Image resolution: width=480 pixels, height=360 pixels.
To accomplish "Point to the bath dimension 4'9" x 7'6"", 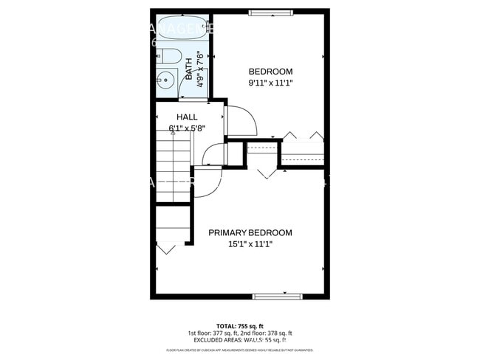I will [199, 69].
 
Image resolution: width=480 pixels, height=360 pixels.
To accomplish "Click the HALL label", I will [186, 117].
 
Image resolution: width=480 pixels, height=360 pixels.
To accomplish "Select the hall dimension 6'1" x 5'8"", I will [186, 128].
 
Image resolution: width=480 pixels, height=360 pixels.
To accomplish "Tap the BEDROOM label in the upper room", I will [270, 72].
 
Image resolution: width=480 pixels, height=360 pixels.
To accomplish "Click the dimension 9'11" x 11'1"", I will [270, 83].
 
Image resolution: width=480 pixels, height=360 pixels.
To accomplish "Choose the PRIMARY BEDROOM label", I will [250, 233].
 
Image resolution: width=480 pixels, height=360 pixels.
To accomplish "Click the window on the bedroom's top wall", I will [270, 12].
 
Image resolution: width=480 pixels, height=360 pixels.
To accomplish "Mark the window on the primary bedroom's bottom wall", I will [278, 296].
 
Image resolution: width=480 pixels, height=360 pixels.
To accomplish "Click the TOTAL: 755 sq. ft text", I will [239, 325].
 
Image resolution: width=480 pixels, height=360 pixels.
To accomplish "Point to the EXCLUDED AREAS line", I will [239, 340].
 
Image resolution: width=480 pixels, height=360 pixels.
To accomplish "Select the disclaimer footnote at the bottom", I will [239, 350].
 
